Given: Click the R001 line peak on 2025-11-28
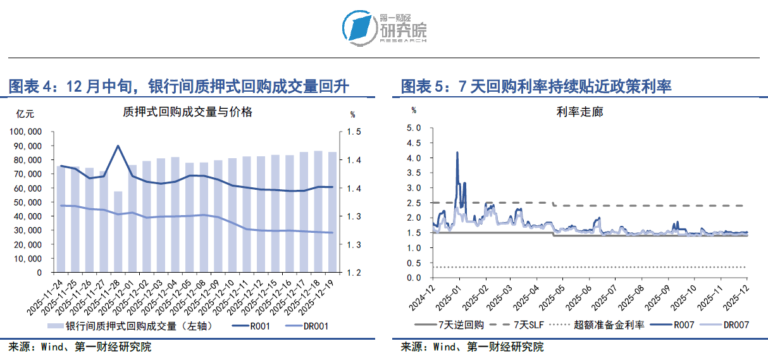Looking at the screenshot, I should coord(118,146).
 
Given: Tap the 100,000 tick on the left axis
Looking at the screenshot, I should coord(27,132).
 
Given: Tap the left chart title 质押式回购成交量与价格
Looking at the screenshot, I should coord(187,112).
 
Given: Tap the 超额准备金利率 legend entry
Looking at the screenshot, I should coord(609,325).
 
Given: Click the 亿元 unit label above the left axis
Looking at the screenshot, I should coord(25,114).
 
